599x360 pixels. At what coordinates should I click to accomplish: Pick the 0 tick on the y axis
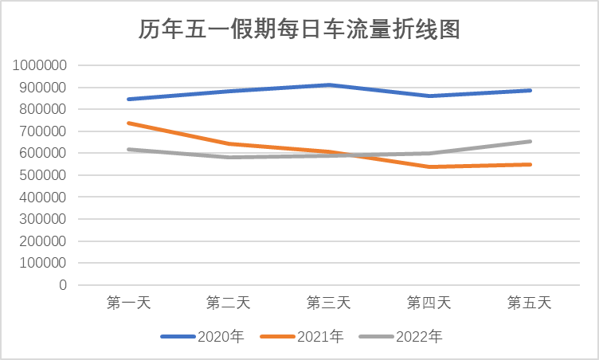point(63,284)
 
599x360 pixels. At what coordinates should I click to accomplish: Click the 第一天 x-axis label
point(128,303)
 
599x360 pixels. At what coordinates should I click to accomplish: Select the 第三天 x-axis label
point(329,303)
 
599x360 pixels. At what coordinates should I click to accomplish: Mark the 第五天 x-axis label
point(530,303)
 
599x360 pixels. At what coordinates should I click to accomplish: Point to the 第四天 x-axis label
point(429,303)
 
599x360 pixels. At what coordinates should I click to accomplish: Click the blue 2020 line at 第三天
point(329,85)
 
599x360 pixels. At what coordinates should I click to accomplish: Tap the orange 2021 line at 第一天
point(128,123)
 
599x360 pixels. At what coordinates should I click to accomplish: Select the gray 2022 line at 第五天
point(530,142)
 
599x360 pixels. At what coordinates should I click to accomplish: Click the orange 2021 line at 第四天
point(429,166)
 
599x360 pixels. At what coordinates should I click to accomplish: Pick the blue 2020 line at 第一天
point(128,100)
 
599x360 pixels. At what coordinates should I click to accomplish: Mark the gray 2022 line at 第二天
point(229,157)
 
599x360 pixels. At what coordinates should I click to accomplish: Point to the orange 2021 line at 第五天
point(530,165)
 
